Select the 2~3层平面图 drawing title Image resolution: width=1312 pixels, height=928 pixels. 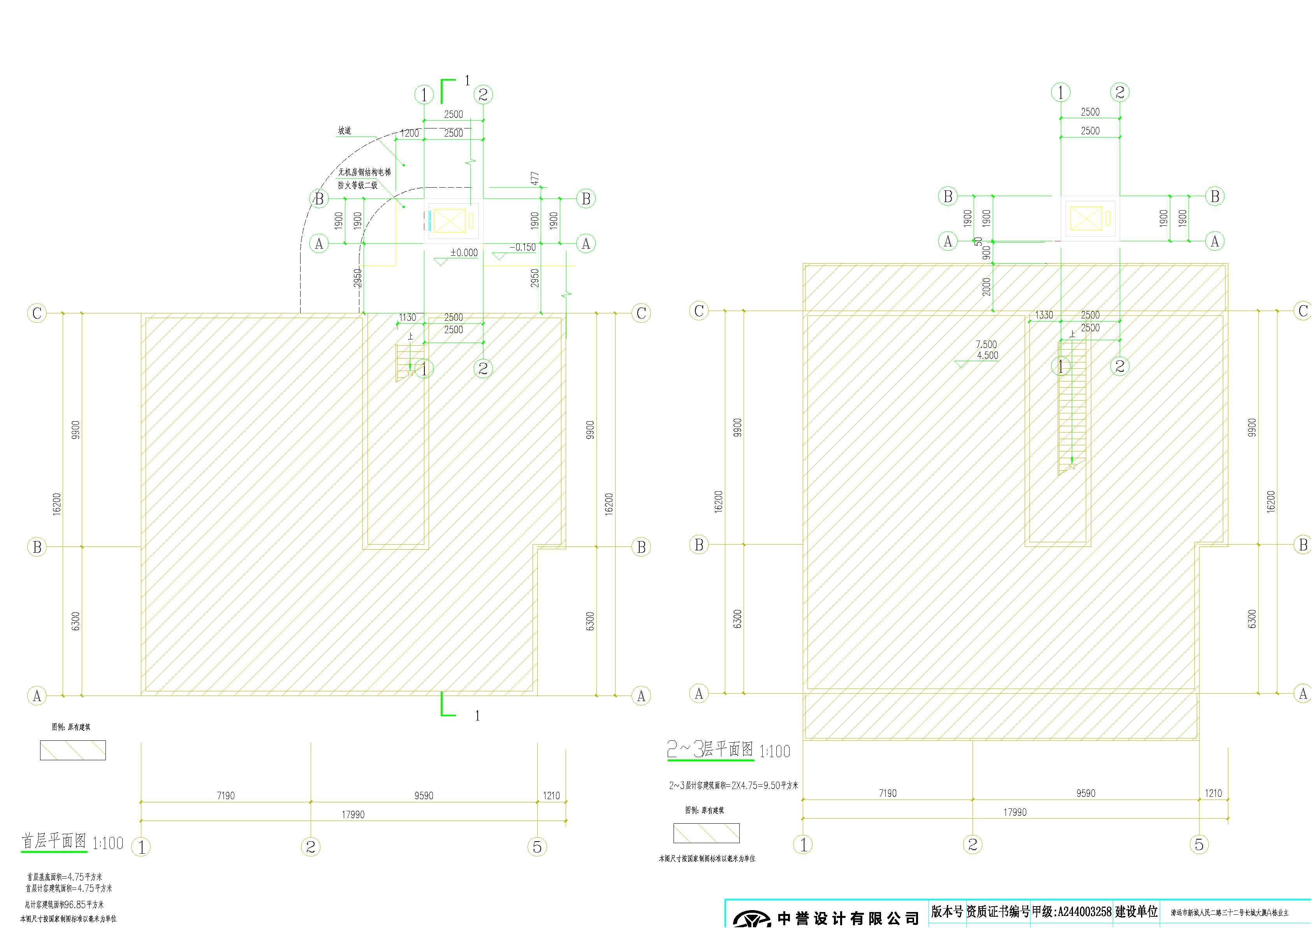(x=710, y=749)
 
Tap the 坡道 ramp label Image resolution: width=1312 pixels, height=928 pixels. (x=345, y=131)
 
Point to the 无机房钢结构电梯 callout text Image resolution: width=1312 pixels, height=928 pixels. (x=364, y=172)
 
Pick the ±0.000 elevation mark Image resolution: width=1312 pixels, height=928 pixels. (x=463, y=253)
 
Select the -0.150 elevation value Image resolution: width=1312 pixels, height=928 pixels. (x=522, y=248)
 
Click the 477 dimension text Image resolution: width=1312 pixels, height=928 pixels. (x=535, y=178)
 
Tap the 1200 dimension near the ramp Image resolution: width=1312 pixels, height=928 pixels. (x=409, y=133)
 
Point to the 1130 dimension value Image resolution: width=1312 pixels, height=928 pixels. (x=408, y=317)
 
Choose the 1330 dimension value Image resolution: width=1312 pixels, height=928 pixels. (x=1044, y=315)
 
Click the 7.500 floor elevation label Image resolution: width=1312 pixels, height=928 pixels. (x=986, y=344)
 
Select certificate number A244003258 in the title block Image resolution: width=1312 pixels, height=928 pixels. (x=1085, y=911)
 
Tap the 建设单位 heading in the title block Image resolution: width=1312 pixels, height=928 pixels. (x=1136, y=911)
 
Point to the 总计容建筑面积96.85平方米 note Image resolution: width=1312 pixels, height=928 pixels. (x=64, y=905)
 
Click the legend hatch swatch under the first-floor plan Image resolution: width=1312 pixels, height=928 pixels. (x=72, y=750)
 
